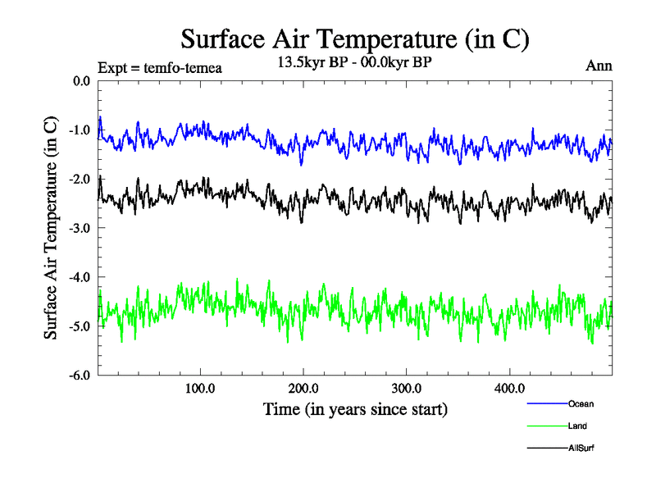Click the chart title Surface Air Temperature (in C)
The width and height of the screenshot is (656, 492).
(354, 39)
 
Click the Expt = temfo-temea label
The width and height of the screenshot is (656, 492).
(159, 67)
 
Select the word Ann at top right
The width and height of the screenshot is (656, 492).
(599, 66)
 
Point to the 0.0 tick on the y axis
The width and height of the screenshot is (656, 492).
(82, 81)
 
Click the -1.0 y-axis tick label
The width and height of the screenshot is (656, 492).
(80, 130)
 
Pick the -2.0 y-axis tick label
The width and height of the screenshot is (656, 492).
(80, 180)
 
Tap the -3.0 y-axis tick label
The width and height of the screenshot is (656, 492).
(80, 228)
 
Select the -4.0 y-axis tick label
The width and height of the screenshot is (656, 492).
(80, 277)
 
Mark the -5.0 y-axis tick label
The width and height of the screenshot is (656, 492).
(80, 326)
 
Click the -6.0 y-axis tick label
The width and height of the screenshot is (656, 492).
(80, 376)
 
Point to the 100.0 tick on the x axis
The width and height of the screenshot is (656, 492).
(200, 388)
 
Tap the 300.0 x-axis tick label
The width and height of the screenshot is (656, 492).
(407, 388)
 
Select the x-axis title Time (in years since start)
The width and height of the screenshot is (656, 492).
(355, 408)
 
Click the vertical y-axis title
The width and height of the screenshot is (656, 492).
(51, 228)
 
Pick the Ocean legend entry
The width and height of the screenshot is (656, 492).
(581, 403)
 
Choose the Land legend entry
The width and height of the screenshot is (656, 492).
(577, 426)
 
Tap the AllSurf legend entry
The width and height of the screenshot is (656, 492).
(581, 449)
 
